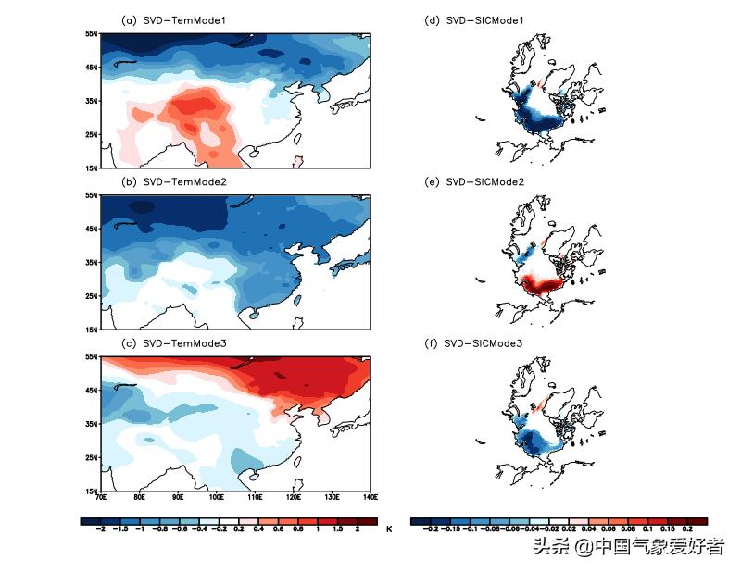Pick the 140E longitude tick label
pos(370,498)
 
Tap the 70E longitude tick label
pos(101,498)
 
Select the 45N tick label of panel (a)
pos(91,68)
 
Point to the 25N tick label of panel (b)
pos(91,296)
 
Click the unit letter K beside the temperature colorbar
pos(390,529)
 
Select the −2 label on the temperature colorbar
pos(100,529)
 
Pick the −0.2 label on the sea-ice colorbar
pos(430,529)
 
